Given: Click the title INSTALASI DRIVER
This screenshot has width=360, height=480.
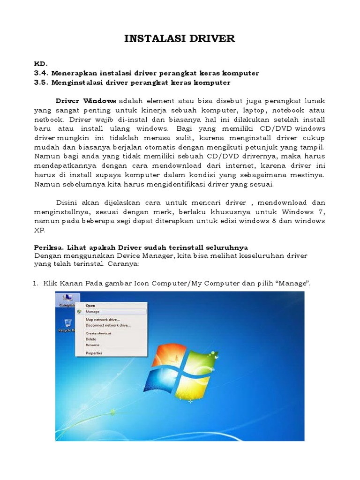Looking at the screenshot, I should (180, 38).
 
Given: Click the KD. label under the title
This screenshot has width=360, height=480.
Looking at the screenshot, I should (41, 64).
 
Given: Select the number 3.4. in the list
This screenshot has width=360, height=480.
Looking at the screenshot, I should (42, 73).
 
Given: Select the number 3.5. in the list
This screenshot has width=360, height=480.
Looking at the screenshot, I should (42, 82).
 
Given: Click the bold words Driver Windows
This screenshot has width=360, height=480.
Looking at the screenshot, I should (86, 101).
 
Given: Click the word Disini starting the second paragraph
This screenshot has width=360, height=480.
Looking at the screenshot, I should (67, 202).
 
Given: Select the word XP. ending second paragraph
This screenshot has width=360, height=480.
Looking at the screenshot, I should (40, 230).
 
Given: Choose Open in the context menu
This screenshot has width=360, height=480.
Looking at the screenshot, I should (90, 306).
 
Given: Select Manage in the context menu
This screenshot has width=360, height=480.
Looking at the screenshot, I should (92, 311).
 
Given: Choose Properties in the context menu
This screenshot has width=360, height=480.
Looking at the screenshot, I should (94, 353).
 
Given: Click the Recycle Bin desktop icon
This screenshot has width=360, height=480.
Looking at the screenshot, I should (67, 324).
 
